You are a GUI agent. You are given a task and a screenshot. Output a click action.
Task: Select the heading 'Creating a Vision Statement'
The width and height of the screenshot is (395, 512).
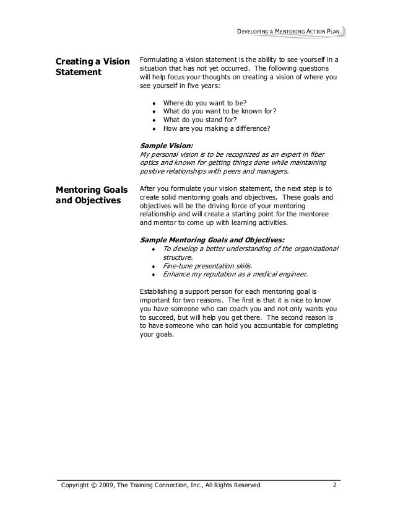click(92, 67)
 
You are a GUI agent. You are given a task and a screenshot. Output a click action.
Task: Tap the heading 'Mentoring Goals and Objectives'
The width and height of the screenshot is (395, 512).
click(92, 195)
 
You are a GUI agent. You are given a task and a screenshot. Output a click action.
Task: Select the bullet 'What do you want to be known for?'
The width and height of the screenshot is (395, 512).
click(219, 112)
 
